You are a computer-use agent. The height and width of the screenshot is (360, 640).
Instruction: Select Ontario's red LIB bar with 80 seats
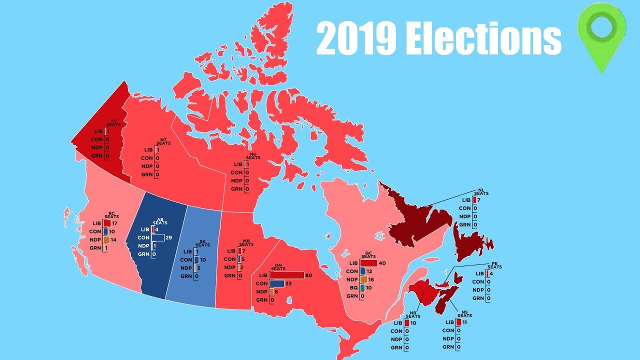pos(286,275)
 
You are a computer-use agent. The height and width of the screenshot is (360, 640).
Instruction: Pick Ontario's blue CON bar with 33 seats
pos(276,283)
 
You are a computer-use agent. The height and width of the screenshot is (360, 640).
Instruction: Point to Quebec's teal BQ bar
pos(362,288)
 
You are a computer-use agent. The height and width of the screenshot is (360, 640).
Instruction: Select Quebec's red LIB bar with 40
pos(368,263)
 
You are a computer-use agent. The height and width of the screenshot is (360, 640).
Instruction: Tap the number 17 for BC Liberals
pos(115,223)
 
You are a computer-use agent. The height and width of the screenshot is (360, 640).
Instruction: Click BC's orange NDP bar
pos(106,240)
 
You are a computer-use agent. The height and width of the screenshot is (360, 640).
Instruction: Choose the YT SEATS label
pos(113,122)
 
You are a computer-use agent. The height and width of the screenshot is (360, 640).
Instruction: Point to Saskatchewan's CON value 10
pos(203,260)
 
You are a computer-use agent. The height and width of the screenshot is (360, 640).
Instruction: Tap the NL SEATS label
pos(481,191)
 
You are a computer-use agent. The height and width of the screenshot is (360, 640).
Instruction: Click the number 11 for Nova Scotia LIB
pos(465,322)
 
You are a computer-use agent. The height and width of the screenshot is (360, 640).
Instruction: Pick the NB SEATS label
pos(413,314)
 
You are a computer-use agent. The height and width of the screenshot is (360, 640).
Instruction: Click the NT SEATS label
pos(163,141)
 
